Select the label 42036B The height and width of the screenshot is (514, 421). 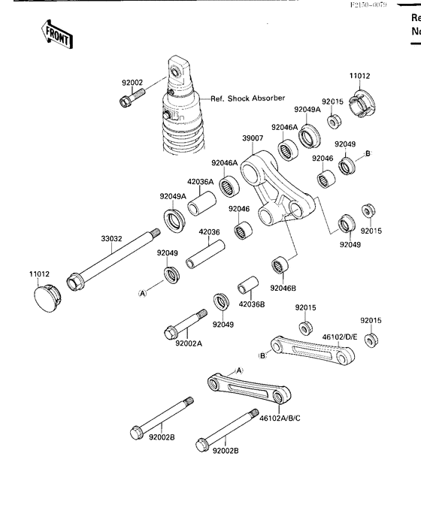point(251,304)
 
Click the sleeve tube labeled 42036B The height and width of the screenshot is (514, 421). point(247,289)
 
